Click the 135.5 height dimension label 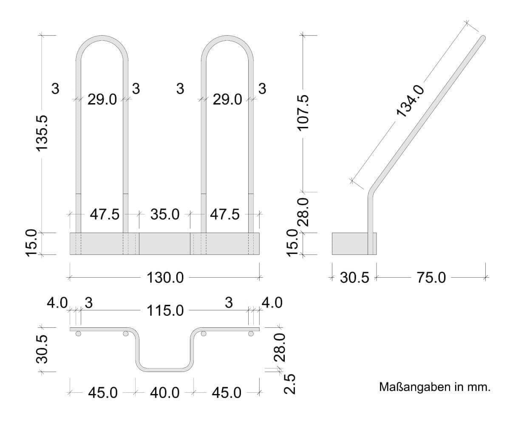pyautogui.click(x=43, y=132)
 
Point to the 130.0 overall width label pyautogui.click(x=165, y=278)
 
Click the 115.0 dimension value pyautogui.click(x=165, y=311)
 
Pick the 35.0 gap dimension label pyautogui.click(x=165, y=214)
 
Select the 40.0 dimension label pyautogui.click(x=165, y=393)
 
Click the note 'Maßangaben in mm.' pyautogui.click(x=434, y=388)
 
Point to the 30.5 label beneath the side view pyautogui.click(x=355, y=278)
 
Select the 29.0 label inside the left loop pyautogui.click(x=102, y=100)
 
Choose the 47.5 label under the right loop pyautogui.click(x=225, y=214)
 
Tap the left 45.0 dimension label pyautogui.click(x=102, y=393)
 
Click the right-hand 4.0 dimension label pyautogui.click(x=271, y=303)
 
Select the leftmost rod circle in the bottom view pyautogui.click(x=78, y=334)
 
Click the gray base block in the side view pyautogui.click(x=349, y=244)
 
